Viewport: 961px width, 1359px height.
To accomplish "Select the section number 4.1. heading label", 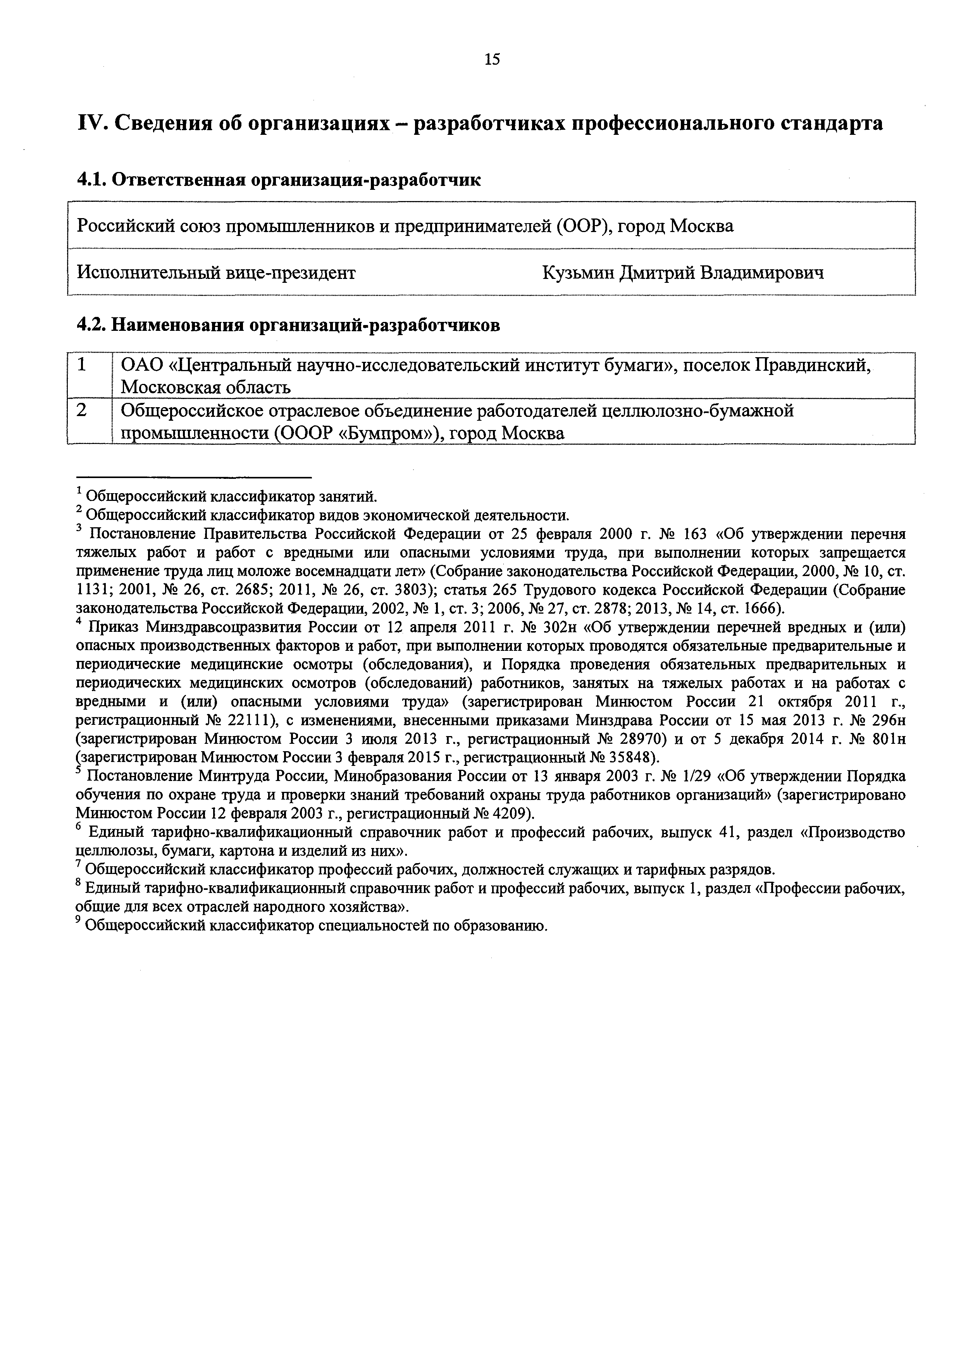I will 92,179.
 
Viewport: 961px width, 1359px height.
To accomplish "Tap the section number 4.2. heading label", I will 92,325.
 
